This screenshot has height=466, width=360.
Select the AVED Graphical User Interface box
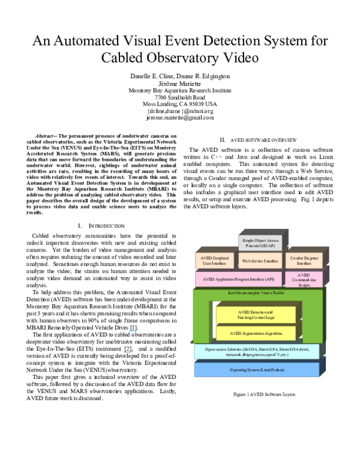click(214, 261)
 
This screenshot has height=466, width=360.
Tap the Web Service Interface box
click(260, 261)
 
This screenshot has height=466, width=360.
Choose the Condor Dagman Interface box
click(304, 261)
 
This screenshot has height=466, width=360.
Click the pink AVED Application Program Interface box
click(239, 279)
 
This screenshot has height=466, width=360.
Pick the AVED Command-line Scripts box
click(304, 280)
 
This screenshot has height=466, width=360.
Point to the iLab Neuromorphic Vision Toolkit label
click(256, 292)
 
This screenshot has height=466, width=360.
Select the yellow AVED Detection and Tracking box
click(255, 315)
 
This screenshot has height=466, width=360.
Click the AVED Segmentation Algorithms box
click(255, 333)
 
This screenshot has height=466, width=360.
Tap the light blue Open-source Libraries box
click(257, 352)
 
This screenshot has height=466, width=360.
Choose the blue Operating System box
click(257, 370)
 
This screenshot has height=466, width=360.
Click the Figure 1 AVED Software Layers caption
click(264, 395)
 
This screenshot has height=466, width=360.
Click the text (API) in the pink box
click(269, 279)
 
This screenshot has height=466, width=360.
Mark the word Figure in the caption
click(240, 395)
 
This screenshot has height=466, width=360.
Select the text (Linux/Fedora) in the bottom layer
click(271, 370)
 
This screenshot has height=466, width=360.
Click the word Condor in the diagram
click(296, 258)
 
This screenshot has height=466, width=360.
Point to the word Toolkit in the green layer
click(277, 292)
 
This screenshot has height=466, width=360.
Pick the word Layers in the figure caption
click(288, 395)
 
